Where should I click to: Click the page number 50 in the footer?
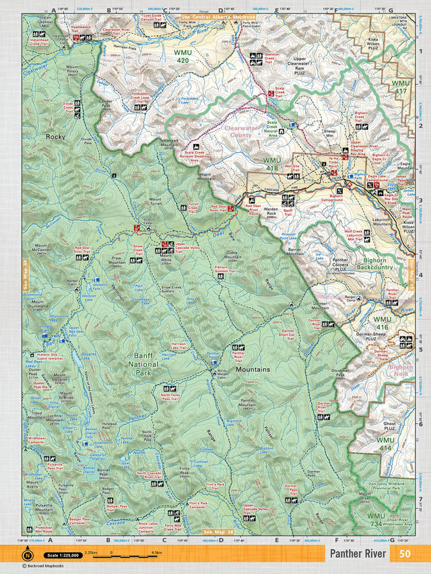coord(405,554)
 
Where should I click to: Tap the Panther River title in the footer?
coord(358,554)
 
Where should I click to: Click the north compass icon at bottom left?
coord(28,554)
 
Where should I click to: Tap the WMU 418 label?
coord(271,164)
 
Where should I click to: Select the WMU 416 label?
coord(383,323)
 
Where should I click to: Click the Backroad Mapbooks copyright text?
coord(45,566)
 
